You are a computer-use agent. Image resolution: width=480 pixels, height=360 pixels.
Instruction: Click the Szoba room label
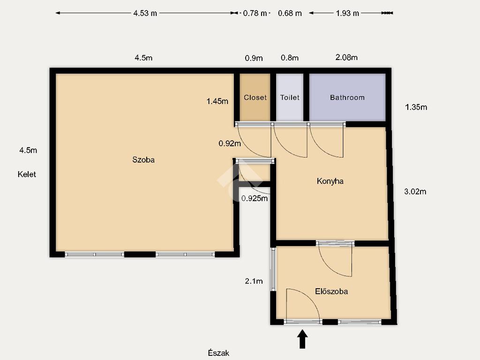tap(143, 159)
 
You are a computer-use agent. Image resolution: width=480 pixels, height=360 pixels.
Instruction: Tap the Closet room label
tap(255, 97)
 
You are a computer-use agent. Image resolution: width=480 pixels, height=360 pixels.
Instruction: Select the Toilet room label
tap(290, 97)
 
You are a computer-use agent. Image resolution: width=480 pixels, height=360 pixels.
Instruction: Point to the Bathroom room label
tap(347, 97)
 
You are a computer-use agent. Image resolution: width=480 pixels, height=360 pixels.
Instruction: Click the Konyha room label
tap(330, 181)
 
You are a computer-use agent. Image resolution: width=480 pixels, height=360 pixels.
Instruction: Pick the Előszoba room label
tap(331, 291)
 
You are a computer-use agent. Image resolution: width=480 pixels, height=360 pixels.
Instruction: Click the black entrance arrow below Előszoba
tap(302, 339)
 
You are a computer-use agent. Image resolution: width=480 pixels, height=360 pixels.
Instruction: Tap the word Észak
tap(218, 352)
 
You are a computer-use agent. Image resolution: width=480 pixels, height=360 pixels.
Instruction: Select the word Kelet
tap(27, 174)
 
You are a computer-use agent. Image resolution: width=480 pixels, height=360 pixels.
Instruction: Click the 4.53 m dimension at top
tap(145, 13)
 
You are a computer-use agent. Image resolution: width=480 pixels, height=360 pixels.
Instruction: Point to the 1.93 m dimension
tap(347, 13)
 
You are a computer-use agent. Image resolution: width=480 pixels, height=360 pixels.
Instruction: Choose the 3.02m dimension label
tap(415, 192)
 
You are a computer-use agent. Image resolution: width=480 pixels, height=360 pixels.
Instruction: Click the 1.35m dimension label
tap(416, 107)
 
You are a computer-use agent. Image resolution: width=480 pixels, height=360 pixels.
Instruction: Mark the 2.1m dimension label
tap(254, 281)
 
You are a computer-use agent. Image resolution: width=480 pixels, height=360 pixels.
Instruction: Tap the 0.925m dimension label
tap(255, 198)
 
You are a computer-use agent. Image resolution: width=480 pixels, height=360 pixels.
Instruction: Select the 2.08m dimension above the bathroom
tap(346, 57)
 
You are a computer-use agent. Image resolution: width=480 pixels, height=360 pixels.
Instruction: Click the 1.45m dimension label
tap(217, 101)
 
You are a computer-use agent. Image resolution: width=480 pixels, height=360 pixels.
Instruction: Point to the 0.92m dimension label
tap(230, 143)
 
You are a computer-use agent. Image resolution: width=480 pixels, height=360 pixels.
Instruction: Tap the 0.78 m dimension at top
tap(255, 13)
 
